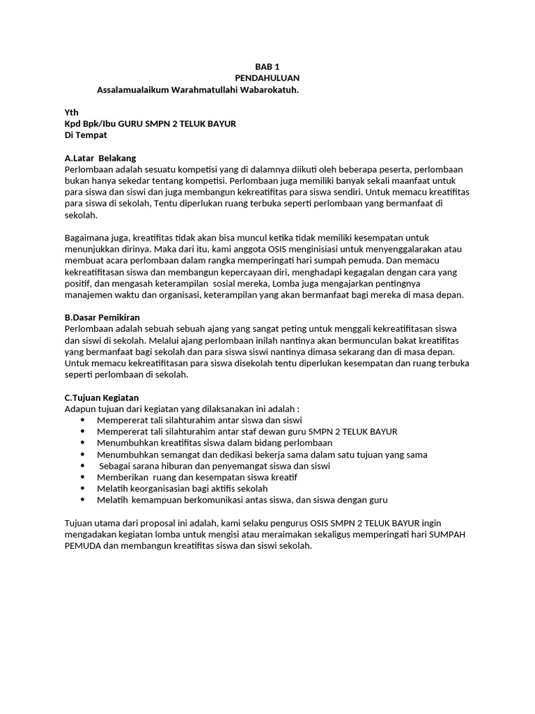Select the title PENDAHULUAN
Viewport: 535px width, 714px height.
coord(267,78)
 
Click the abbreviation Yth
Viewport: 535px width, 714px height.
coord(71,112)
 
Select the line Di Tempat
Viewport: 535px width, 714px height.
coord(86,135)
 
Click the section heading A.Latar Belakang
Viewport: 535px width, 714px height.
coord(100,158)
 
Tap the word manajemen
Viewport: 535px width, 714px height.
coord(87,294)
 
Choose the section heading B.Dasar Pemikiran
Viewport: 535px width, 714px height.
coord(102,317)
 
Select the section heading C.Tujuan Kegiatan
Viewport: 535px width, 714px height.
coord(102,397)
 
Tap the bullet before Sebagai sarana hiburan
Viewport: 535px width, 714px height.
coord(83,466)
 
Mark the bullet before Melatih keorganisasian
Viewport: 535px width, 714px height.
coord(83,489)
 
